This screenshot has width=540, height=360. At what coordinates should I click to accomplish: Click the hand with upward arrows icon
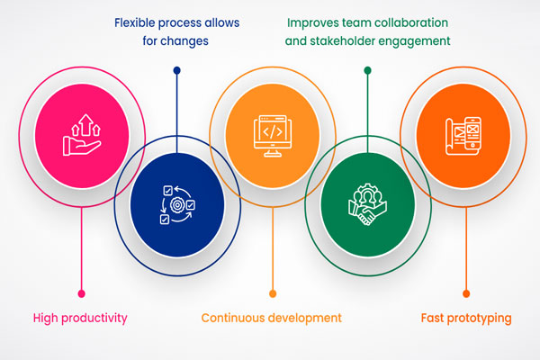click(x=82, y=135)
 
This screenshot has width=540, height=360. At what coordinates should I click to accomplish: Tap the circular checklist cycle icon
click(x=177, y=204)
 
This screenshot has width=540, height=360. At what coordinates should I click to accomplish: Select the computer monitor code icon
click(x=273, y=136)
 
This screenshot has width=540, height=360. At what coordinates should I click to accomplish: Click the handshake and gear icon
click(x=367, y=204)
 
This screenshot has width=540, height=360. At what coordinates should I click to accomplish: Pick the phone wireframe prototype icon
click(x=463, y=136)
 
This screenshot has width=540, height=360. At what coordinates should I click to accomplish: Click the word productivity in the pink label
click(x=94, y=318)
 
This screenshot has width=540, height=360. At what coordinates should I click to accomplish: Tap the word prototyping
click(x=479, y=319)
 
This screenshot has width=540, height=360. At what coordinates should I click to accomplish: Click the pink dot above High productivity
click(x=82, y=293)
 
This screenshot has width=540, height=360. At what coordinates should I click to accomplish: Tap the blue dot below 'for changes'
click(x=177, y=70)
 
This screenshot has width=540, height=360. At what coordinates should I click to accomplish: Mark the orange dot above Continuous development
click(x=273, y=293)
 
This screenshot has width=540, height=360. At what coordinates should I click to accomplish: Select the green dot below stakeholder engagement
click(x=367, y=70)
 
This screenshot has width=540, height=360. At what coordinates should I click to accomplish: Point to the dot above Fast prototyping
click(x=466, y=293)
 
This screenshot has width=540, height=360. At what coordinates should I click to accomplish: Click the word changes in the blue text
click(x=184, y=41)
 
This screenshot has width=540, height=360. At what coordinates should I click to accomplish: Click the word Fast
click(x=432, y=318)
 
